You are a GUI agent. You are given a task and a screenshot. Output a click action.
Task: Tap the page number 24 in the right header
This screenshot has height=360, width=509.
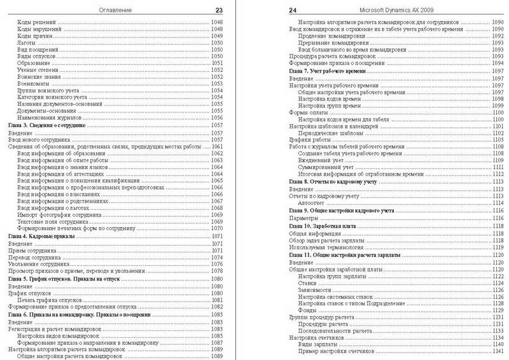tap(293, 10)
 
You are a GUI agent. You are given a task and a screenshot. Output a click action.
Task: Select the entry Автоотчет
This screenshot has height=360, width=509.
tap(314, 203)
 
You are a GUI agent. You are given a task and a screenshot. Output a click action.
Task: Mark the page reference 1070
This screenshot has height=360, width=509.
tap(220, 228)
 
